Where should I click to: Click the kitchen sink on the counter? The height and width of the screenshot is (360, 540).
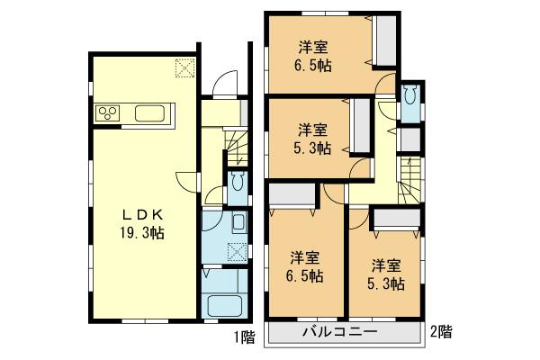[x=149, y=113]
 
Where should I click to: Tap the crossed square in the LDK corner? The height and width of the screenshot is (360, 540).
[x=184, y=67]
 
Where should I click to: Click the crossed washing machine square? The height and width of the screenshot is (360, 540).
[x=237, y=251]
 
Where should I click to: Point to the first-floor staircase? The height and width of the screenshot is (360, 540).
[x=238, y=148]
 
